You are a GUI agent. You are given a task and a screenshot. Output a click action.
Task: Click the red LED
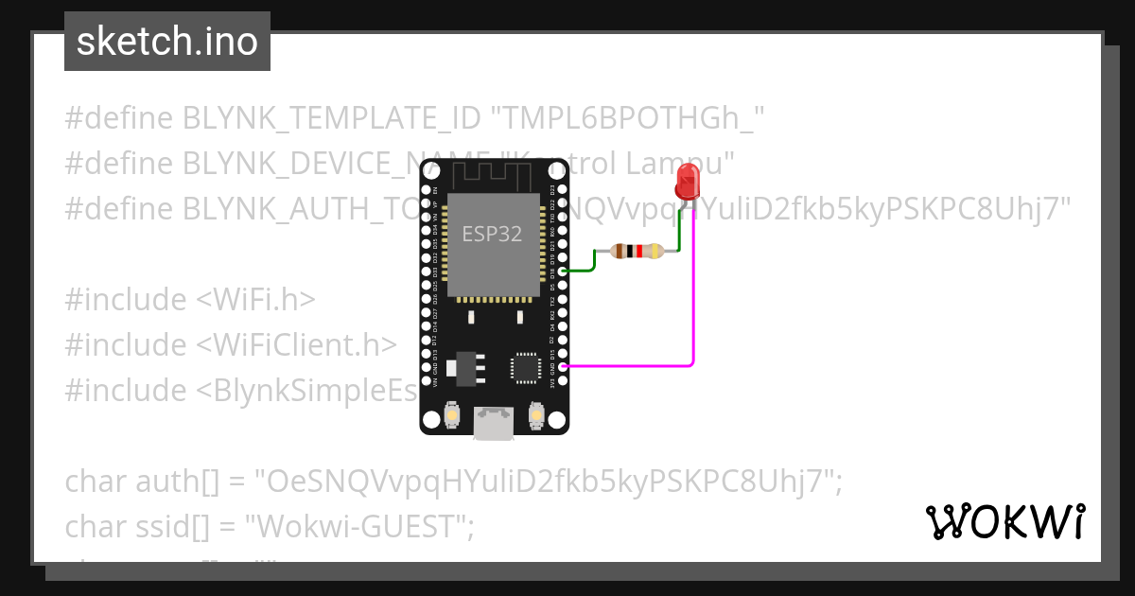pyautogui.click(x=688, y=180)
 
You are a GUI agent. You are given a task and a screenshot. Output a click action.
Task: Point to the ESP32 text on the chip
pyautogui.click(x=492, y=234)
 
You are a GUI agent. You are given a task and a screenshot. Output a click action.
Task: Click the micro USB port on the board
pyautogui.click(x=495, y=423)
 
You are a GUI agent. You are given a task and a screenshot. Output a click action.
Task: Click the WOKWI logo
pyautogui.click(x=1004, y=521)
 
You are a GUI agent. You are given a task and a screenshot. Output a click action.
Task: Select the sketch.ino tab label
pyautogui.click(x=167, y=42)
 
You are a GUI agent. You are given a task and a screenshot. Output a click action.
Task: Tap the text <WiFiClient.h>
pyautogui.click(x=296, y=344)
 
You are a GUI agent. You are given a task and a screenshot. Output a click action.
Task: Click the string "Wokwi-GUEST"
pyautogui.click(x=365, y=527)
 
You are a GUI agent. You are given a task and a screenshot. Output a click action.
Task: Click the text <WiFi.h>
pyautogui.click(x=255, y=299)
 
